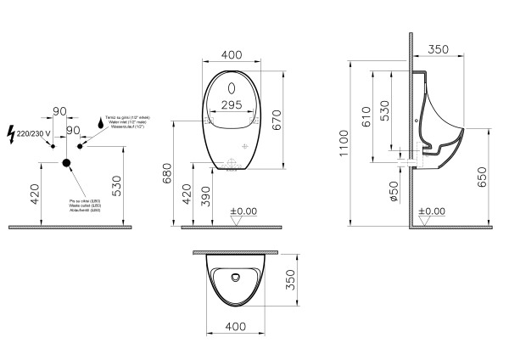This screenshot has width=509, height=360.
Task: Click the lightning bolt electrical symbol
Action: click(x=10, y=133)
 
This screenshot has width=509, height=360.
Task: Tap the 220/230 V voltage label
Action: click(x=34, y=133)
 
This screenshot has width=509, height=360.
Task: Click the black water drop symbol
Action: click(x=99, y=122)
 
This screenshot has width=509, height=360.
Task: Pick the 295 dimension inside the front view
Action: click(x=231, y=104)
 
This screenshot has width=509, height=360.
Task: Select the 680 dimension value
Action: click(x=167, y=176)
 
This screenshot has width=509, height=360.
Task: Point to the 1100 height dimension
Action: click(x=343, y=143)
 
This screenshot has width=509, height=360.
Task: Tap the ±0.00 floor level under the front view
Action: click(x=243, y=211)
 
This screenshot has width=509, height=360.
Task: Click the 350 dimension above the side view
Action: click(x=439, y=50)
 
